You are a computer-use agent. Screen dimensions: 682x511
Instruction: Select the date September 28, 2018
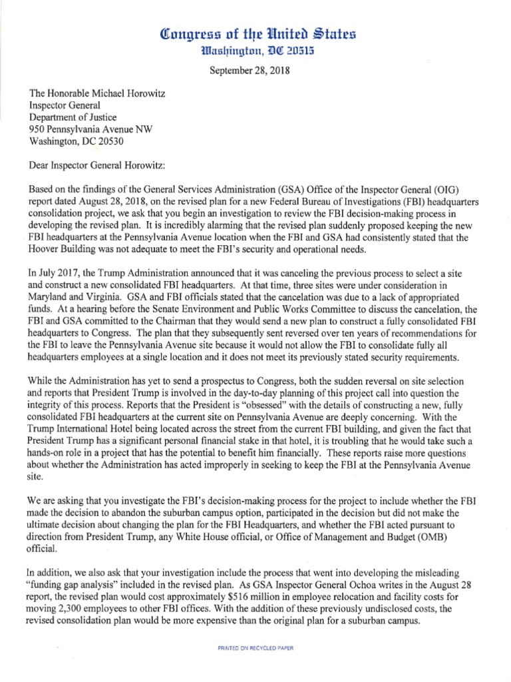[x=255, y=74]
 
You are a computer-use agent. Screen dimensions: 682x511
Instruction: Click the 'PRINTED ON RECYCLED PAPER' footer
[x=255, y=647]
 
